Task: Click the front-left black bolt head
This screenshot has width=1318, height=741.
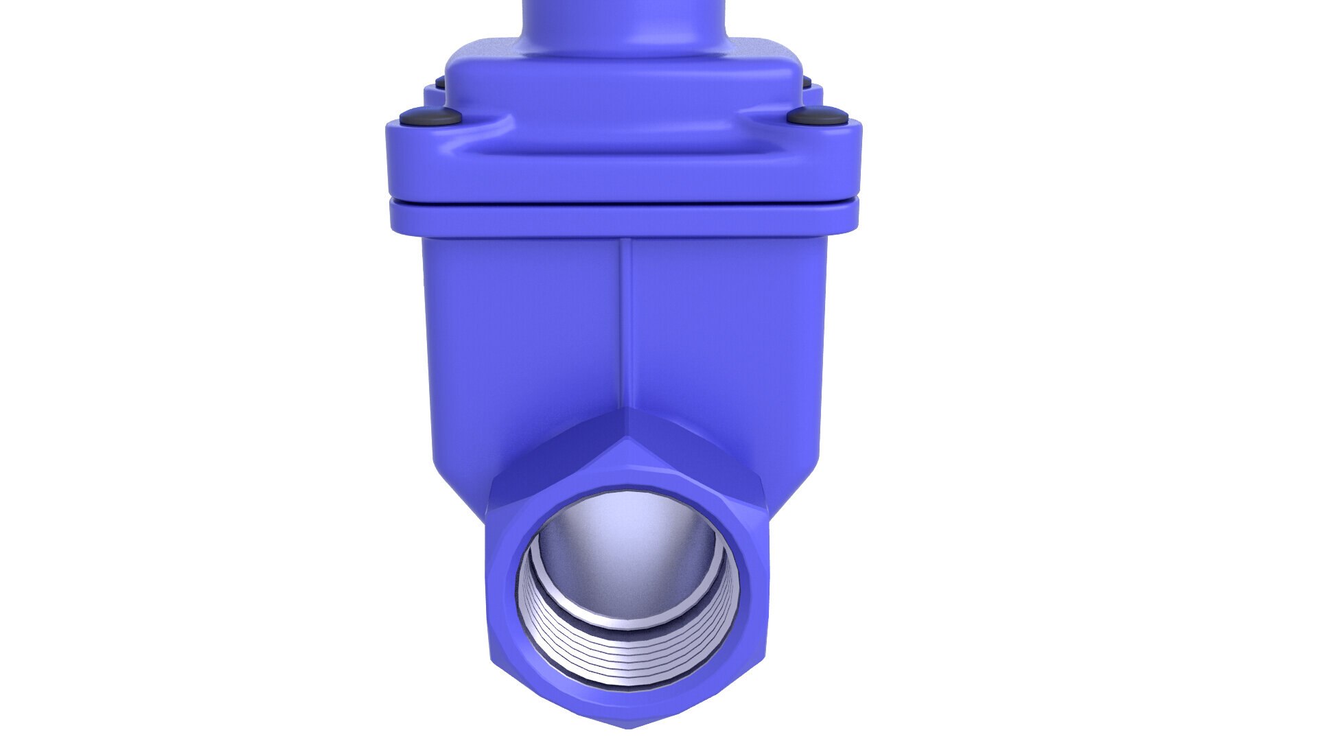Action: [x=430, y=117]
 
